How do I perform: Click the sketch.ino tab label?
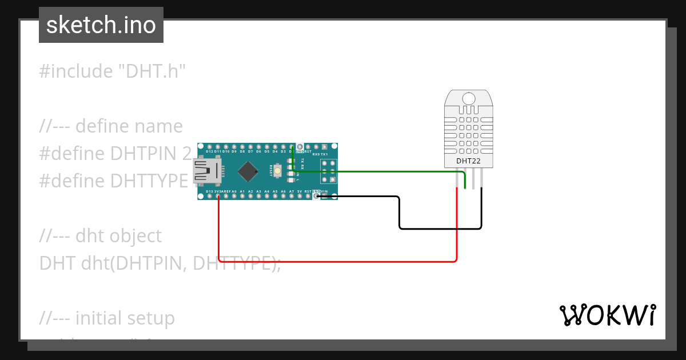[101, 25]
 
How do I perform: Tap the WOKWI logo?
[607, 315]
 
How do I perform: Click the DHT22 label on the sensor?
[468, 161]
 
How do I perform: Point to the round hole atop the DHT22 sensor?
[468, 98]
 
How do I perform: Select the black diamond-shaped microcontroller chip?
[248, 171]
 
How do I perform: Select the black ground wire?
[440, 229]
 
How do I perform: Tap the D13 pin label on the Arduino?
[209, 191]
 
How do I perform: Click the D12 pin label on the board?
[209, 151]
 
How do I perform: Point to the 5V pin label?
[300, 191]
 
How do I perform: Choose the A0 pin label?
[234, 191]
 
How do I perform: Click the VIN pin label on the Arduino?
[324, 191]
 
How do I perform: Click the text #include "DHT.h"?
[113, 71]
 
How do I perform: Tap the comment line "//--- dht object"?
[101, 235]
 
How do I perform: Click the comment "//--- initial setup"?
[107, 318]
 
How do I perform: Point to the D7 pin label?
[250, 151]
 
